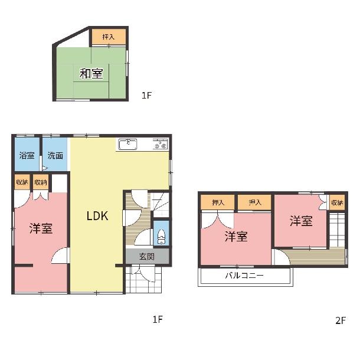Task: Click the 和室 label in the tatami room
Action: click(91, 74)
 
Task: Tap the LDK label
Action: click(97, 216)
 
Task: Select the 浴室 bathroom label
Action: click(27, 155)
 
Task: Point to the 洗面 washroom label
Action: click(55, 155)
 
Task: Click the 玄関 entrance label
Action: click(147, 256)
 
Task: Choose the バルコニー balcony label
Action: click(244, 275)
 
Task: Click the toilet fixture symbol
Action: click(161, 237)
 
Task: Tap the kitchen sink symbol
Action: click(127, 145)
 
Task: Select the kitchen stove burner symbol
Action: click(161, 144)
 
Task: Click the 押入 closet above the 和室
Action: click(109, 37)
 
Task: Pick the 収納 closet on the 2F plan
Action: click(337, 202)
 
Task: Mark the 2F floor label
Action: click(341, 320)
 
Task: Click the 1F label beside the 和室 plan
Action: click(147, 95)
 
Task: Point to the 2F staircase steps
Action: click(337, 230)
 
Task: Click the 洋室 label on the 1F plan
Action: click(41, 228)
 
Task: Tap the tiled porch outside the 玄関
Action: click(144, 279)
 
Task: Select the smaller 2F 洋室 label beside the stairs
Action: click(301, 221)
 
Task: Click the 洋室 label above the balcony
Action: click(236, 237)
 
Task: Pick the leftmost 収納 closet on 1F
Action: click(22, 182)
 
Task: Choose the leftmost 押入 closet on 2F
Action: click(218, 202)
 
